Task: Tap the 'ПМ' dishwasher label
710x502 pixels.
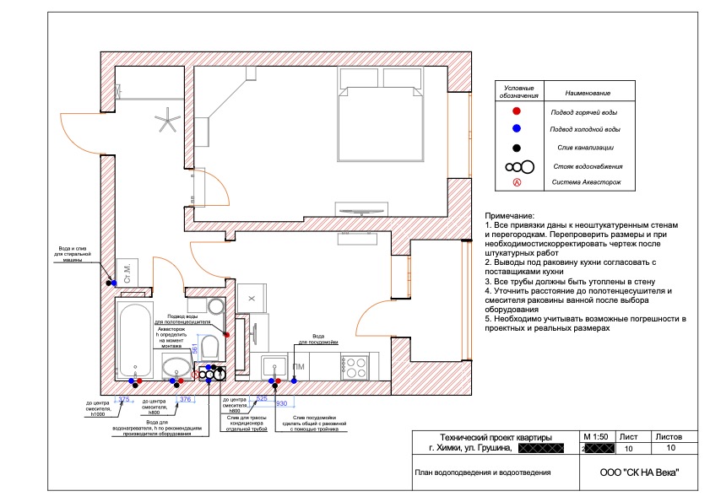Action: (299, 367)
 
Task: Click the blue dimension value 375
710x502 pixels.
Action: (124, 399)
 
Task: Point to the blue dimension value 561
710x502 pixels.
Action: (194, 348)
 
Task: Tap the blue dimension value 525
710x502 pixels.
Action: (261, 398)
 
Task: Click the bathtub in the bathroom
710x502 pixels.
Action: (133, 342)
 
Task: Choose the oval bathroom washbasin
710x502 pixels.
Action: (177, 367)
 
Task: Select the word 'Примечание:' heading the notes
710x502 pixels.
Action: (511, 216)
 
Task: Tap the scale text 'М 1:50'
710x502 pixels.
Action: (595, 437)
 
